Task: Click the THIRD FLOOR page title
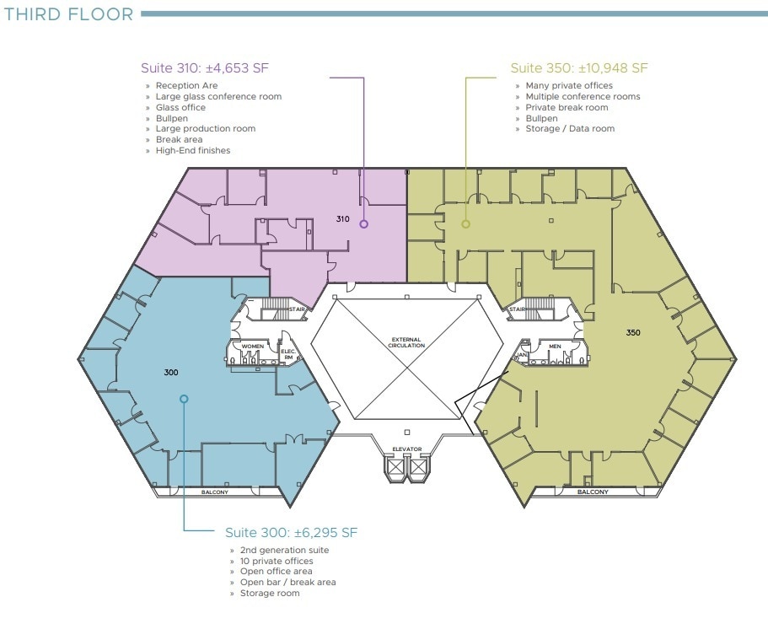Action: (68, 14)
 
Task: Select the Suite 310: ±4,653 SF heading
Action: (205, 68)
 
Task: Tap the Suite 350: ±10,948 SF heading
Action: (579, 68)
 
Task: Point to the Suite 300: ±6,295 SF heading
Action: (292, 533)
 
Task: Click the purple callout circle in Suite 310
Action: (363, 224)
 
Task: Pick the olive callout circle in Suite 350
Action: (466, 224)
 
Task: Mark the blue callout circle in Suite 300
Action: (184, 399)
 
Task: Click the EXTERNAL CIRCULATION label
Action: (406, 342)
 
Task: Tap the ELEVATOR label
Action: (407, 449)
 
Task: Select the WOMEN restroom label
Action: (253, 347)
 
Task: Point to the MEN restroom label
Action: (555, 347)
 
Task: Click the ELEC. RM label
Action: (288, 355)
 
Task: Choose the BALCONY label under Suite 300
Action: (214, 492)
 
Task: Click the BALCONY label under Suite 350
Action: (593, 492)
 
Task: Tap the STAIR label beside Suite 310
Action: (297, 309)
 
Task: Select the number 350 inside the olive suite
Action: (633, 332)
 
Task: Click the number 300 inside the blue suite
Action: (171, 373)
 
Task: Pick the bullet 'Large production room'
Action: (206, 129)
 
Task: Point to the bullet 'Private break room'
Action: (567, 107)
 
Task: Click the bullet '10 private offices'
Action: (277, 561)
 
